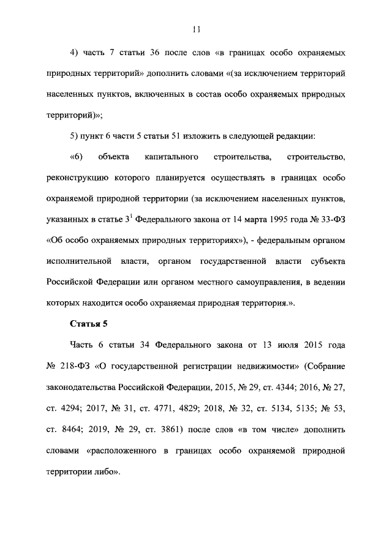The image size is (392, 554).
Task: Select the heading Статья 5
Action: (90, 324)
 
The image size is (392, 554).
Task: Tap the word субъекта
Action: (328, 261)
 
